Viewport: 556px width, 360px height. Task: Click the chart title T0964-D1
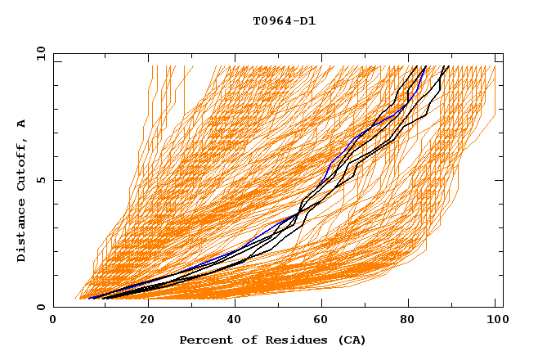284,21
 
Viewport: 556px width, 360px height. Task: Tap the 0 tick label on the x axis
53,321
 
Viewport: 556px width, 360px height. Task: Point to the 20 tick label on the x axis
142,321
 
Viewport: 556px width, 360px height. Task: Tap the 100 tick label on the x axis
495,321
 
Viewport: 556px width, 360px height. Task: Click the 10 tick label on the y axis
40,53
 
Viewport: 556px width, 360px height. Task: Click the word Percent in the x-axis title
203,340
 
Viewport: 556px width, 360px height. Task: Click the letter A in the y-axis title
22,124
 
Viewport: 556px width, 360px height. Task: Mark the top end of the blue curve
424,66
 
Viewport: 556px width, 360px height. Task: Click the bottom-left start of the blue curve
88,299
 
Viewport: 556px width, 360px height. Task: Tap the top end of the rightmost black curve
448,66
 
